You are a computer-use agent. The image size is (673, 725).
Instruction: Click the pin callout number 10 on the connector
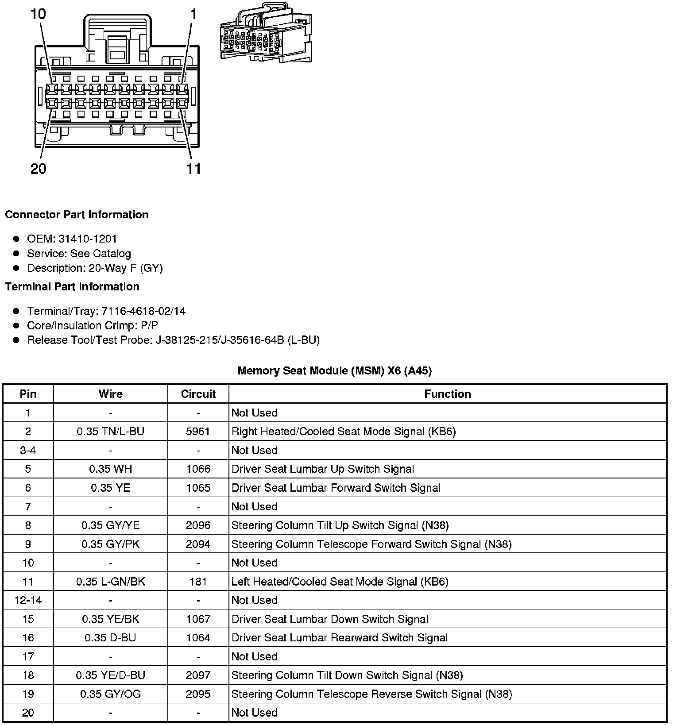pos(38,14)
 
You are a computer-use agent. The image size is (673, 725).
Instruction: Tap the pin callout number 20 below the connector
pos(39,169)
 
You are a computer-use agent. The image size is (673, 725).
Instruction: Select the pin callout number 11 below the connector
pos(194,169)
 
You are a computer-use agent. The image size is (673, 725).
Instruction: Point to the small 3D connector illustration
pos(266,33)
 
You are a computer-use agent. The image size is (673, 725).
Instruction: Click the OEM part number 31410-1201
pos(88,239)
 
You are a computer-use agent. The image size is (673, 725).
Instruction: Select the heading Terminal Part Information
pos(72,287)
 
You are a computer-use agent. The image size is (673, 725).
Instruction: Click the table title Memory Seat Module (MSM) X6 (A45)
pos(335,370)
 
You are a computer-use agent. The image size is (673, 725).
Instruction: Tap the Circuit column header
pos(198,394)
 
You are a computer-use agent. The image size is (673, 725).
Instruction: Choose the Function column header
pos(448,394)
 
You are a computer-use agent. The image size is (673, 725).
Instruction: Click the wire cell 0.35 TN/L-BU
pos(110,432)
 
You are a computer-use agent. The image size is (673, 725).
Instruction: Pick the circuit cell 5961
pos(198,432)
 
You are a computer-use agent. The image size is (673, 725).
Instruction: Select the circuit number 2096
pos(198,525)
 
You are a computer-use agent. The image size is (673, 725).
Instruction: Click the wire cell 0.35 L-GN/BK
pos(110,582)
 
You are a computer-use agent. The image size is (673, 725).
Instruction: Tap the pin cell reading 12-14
pos(28,600)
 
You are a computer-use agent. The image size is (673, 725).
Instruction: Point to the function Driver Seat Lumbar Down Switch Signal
pos(330,619)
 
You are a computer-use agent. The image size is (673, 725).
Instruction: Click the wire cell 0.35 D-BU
pos(110,638)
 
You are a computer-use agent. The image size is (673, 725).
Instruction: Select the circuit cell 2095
pos(198,694)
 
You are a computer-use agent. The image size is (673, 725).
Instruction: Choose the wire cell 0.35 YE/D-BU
pos(110,675)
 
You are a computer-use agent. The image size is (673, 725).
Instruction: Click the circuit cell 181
pos(198,582)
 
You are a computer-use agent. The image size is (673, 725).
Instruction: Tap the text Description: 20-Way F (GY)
pos(95,268)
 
